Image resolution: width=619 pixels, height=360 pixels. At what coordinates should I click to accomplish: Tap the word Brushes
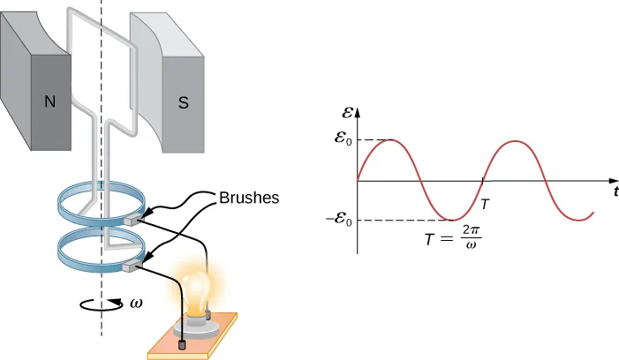[x=249, y=198]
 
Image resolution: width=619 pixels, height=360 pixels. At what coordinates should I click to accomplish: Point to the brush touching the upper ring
[x=136, y=214]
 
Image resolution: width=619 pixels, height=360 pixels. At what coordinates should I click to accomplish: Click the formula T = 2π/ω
[x=452, y=237]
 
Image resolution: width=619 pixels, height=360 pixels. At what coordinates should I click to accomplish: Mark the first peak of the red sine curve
[x=389, y=140]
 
